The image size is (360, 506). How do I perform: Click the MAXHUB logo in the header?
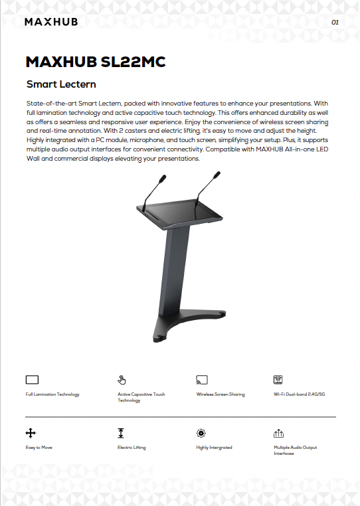[x=51, y=22]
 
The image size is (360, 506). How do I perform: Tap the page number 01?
[x=335, y=23]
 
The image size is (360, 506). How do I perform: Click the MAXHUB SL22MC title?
[x=95, y=62]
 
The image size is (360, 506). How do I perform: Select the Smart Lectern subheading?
[x=61, y=84]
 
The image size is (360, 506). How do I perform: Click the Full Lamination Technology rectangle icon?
[x=32, y=380]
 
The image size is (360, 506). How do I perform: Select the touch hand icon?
[x=122, y=380]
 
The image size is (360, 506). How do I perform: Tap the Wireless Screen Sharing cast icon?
[x=202, y=380]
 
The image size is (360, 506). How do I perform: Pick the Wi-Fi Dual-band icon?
[x=278, y=380]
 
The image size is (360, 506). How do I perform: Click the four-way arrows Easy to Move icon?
[x=30, y=433]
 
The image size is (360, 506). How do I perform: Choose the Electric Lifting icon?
[x=121, y=433]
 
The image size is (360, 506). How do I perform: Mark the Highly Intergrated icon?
[x=201, y=433]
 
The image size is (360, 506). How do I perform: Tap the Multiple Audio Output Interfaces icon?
[x=278, y=433]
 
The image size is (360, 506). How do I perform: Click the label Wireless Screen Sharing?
[x=221, y=394]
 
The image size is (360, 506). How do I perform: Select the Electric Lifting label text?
[x=132, y=448]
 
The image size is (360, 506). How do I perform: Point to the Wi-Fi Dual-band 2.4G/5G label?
[x=300, y=394]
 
